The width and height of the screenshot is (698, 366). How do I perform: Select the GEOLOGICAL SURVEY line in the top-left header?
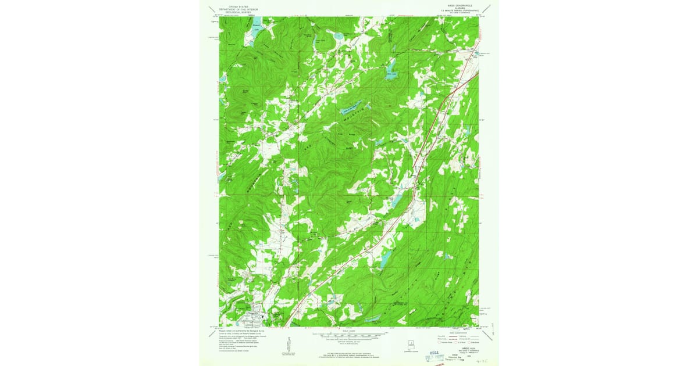(x=238, y=12)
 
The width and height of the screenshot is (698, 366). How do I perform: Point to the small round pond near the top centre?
(x=338, y=37)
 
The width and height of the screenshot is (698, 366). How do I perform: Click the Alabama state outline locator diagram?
(x=396, y=343)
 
